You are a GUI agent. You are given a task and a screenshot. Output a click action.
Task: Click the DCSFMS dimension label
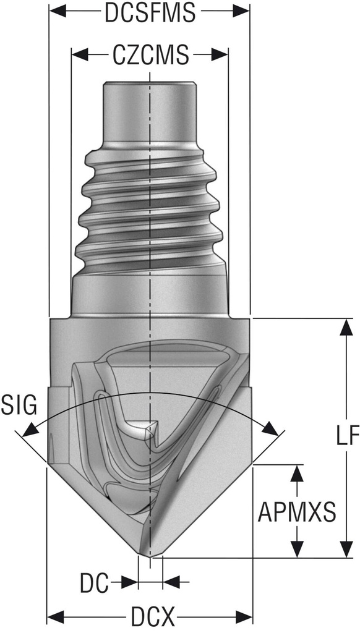tap(149, 13)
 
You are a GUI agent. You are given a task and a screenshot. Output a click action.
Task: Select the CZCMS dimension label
tap(150, 56)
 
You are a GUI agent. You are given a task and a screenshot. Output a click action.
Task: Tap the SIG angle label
tap(19, 406)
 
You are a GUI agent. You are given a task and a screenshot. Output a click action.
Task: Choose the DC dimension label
tap(94, 582)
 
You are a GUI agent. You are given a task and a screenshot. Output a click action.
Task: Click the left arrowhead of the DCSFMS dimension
tap(54, 12)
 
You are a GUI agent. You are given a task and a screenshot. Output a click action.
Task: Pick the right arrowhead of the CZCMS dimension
tap(223, 56)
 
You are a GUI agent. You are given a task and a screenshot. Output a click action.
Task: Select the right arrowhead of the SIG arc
tap(270, 428)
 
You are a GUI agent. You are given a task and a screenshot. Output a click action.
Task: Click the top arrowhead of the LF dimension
tap(344, 326)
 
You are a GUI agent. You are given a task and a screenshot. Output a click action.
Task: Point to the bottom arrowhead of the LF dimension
tap(344, 550)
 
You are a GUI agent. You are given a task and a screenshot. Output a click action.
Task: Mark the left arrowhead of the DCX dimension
tap(54, 616)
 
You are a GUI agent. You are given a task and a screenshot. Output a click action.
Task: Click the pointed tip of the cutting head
tap(150, 554)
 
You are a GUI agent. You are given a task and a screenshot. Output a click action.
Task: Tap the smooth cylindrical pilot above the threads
tap(149, 114)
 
